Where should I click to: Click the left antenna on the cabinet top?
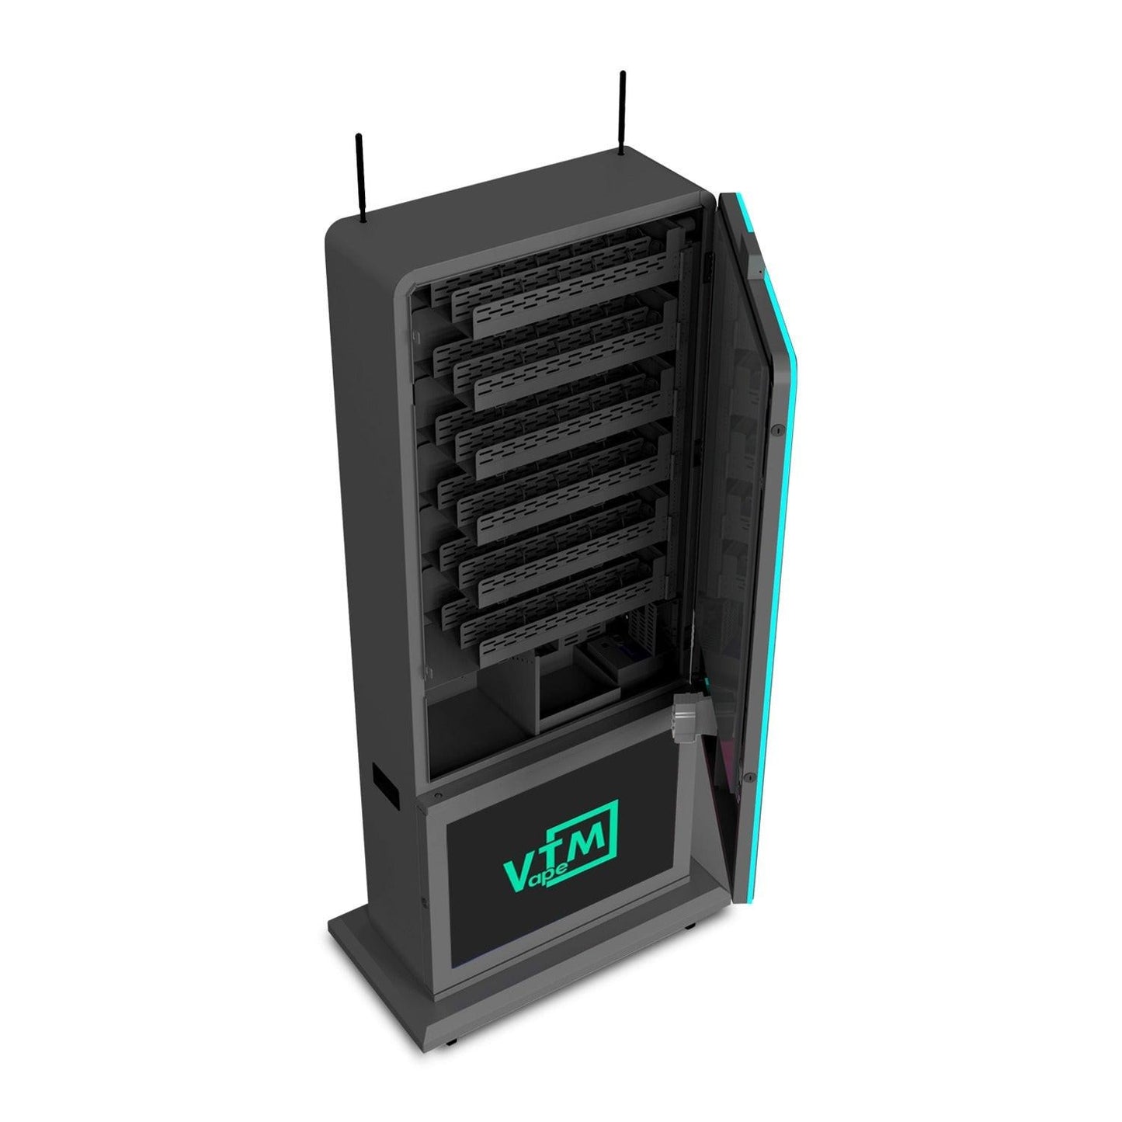point(360,178)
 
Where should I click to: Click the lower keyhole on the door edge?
point(751,776)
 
